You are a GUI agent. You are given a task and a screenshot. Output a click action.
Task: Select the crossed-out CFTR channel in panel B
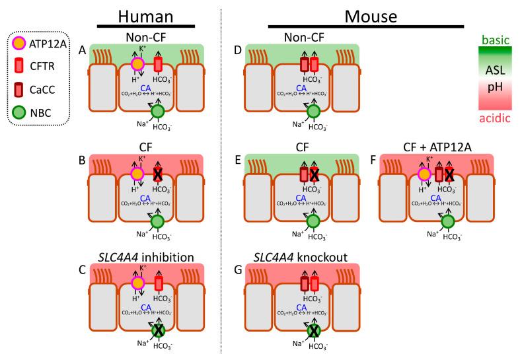158,174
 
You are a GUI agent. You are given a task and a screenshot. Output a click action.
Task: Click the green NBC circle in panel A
158,112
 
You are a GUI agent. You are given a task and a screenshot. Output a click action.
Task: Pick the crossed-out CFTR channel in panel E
314,174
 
